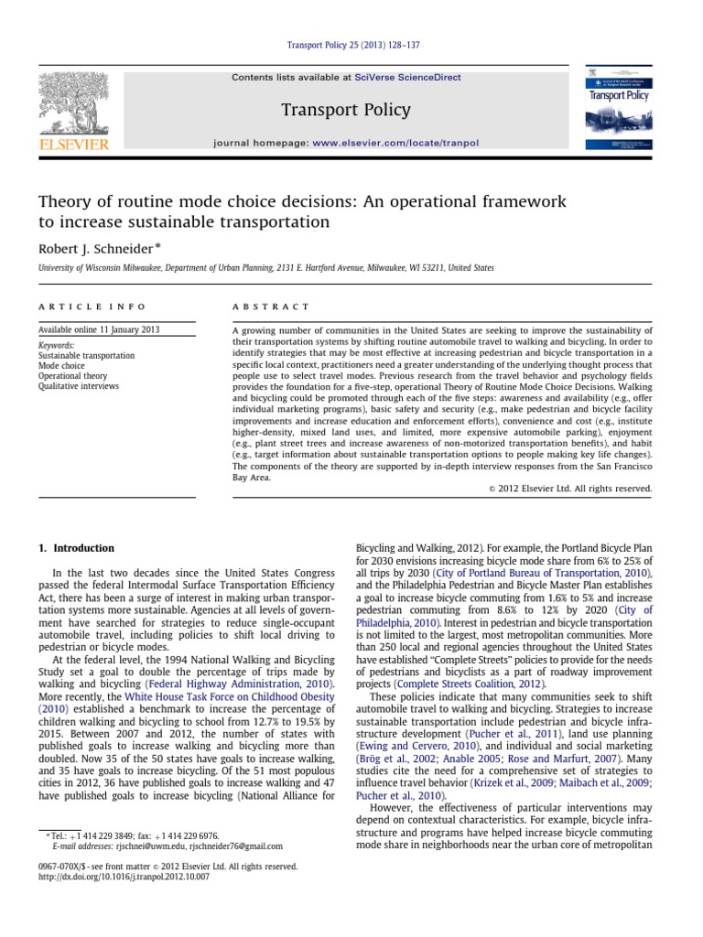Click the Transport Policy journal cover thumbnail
point(619,111)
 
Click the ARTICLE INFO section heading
point(92,307)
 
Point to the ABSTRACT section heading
point(271,307)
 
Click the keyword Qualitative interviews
point(78,386)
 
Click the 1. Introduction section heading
point(76,548)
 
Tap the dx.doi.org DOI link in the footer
point(124,877)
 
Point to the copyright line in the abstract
point(570,489)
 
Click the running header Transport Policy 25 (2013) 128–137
point(351,46)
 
